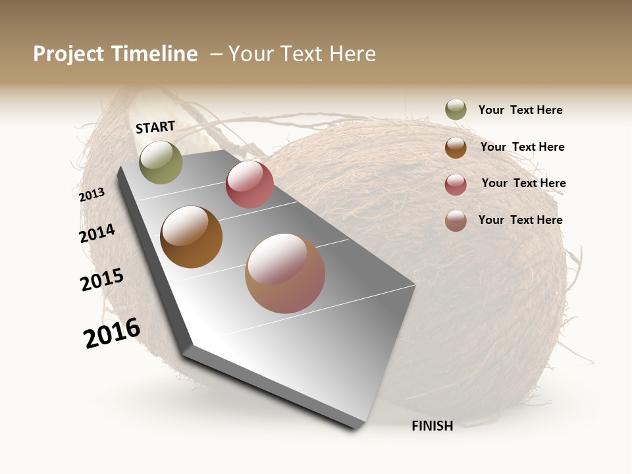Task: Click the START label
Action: [x=155, y=127]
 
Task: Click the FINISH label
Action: [x=432, y=426]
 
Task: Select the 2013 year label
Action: [x=92, y=195]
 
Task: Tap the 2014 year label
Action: [x=97, y=233]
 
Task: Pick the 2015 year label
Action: [x=102, y=280]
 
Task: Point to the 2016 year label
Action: [x=112, y=333]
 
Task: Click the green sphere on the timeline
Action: [x=161, y=162]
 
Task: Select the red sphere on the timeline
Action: [x=250, y=184]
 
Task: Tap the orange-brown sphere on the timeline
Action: [x=191, y=237]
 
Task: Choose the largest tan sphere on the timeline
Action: [x=285, y=273]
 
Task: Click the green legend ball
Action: [x=456, y=109]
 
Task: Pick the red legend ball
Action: [x=456, y=184]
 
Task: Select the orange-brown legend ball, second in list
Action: [x=456, y=147]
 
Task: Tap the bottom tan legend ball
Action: [x=456, y=221]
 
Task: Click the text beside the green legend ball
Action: [x=520, y=111]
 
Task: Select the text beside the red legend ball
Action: [x=523, y=183]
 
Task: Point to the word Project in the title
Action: [x=69, y=54]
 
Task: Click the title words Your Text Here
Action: [x=302, y=54]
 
